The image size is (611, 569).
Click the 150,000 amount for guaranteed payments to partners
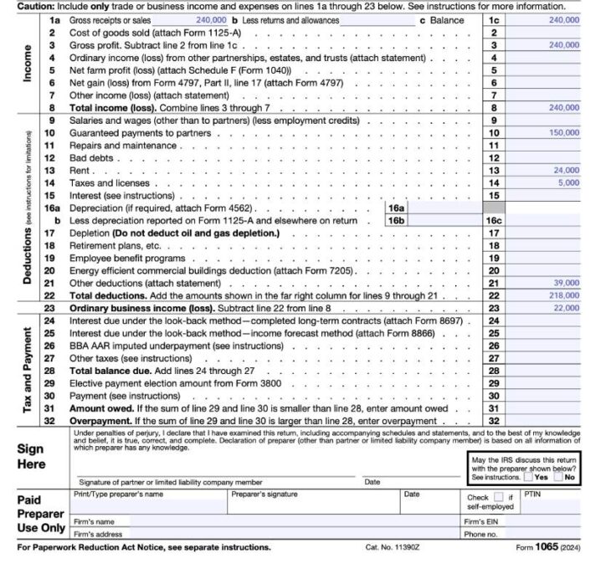point(562,133)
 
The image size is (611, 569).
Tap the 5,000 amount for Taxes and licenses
point(567,182)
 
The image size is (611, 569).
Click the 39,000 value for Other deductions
point(565,283)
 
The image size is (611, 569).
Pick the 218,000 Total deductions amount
point(563,295)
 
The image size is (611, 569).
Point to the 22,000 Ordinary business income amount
point(565,308)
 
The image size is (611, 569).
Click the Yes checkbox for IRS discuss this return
point(528,477)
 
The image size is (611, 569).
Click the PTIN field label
point(533,495)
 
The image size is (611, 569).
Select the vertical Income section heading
point(28,62)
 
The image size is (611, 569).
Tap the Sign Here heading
point(31,456)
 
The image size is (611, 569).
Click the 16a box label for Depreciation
point(396,208)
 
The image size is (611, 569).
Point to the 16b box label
point(396,220)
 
